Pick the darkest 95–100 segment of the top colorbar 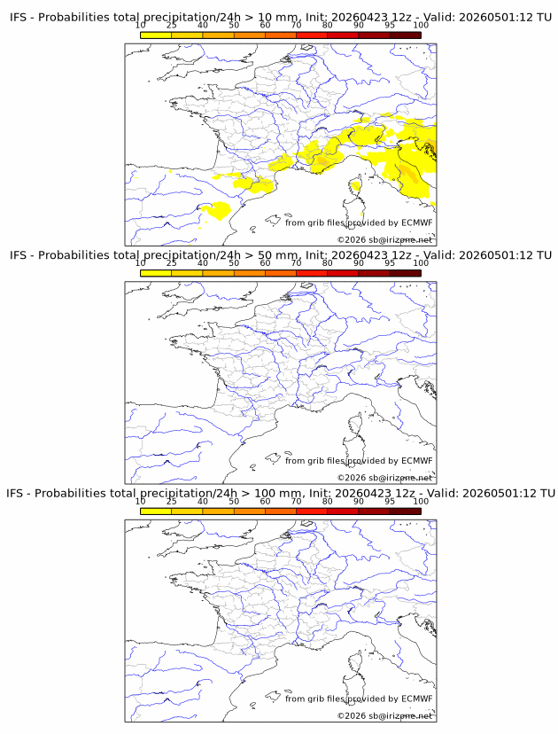tap(406, 35)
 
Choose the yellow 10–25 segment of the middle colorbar tap(156, 273)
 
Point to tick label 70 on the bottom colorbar tap(296, 501)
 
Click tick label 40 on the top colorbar tap(203, 25)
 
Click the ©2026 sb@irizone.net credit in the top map tap(384, 239)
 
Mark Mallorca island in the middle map tap(273, 457)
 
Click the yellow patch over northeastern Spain tap(217, 210)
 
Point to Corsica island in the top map tap(355, 186)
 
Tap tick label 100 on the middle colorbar tap(421, 263)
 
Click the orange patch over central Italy tap(408, 173)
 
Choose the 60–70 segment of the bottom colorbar tap(281, 511)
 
